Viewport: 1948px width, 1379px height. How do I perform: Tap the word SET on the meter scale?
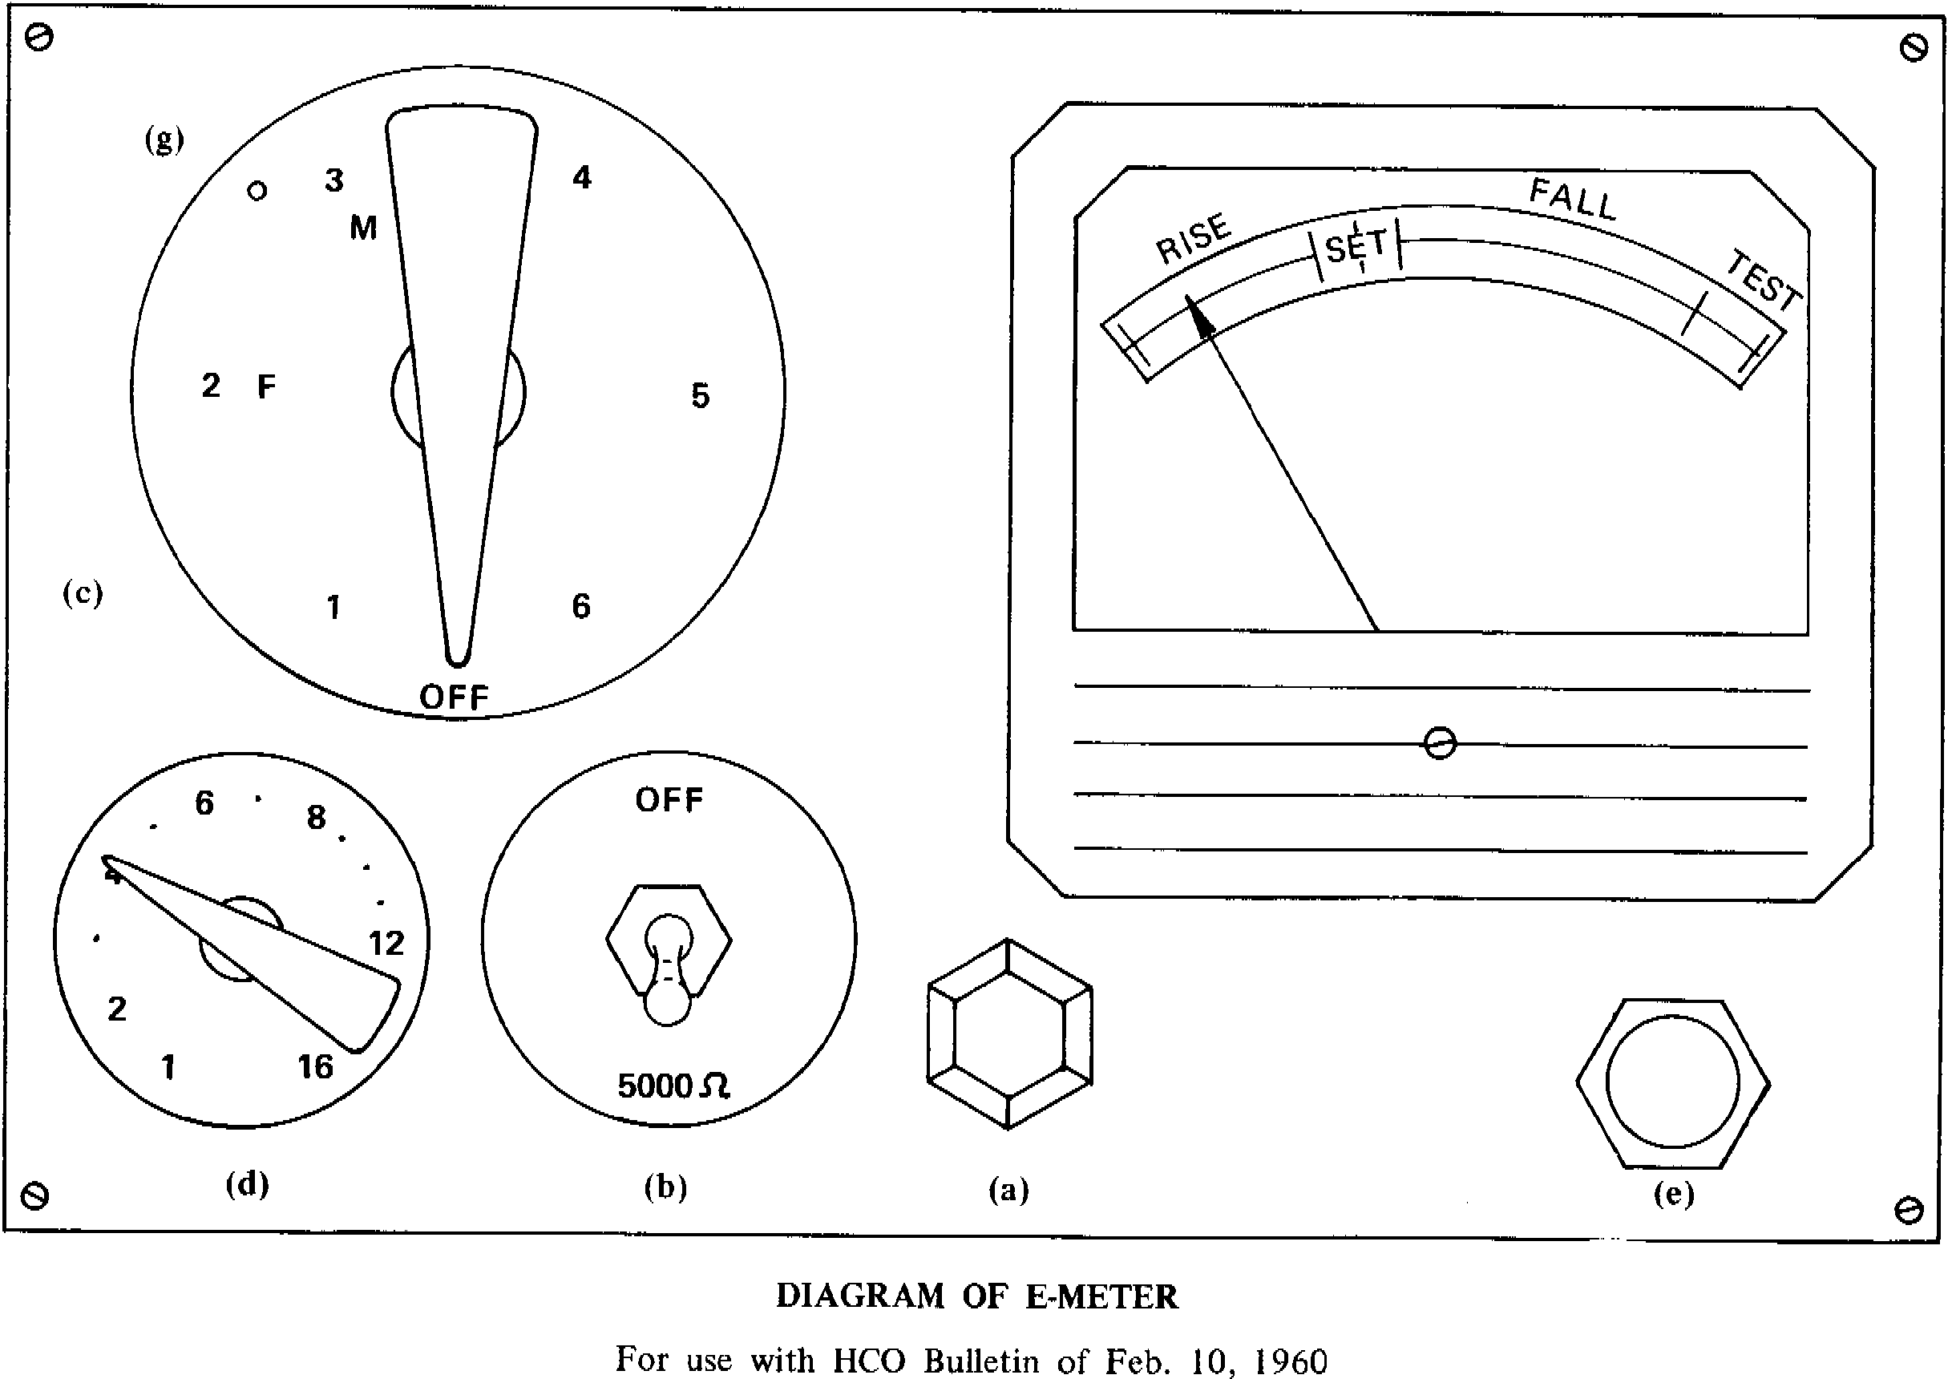pyautogui.click(x=1356, y=248)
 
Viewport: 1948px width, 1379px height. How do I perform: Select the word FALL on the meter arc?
pyautogui.click(x=1573, y=200)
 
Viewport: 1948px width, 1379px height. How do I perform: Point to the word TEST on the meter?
pyautogui.click(x=1764, y=281)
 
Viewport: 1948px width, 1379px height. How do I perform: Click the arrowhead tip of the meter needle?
pyautogui.click(x=1186, y=296)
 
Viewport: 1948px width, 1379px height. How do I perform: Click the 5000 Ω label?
pyautogui.click(x=673, y=1086)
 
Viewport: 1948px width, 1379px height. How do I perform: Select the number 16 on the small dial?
pyautogui.click(x=315, y=1067)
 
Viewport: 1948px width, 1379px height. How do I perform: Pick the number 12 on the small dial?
pyautogui.click(x=386, y=944)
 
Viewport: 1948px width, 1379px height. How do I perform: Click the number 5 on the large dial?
pyautogui.click(x=701, y=396)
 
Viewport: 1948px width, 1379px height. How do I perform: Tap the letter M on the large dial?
pyautogui.click(x=363, y=228)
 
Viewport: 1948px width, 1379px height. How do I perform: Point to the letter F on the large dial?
pyautogui.click(x=266, y=387)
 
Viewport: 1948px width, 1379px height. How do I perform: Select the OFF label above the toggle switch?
pyautogui.click(x=669, y=800)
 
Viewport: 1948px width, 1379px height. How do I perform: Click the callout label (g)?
pyautogui.click(x=164, y=140)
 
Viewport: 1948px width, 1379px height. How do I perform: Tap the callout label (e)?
pyautogui.click(x=1674, y=1194)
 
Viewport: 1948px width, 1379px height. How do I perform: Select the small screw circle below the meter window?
pyautogui.click(x=1440, y=743)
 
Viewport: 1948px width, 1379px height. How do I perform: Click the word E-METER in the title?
pyautogui.click(x=1101, y=1296)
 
